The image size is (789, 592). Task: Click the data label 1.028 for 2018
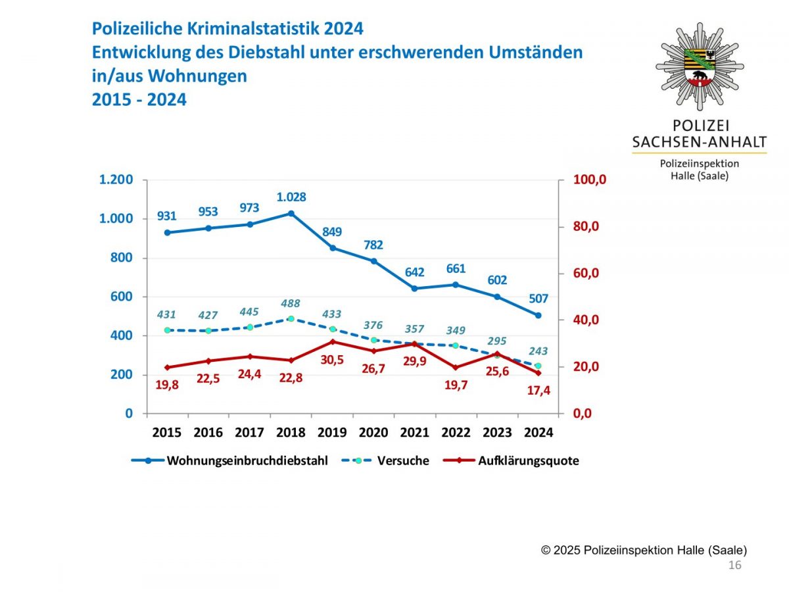click(291, 197)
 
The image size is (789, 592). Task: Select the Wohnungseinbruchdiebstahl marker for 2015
click(167, 232)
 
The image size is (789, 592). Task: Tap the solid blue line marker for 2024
click(538, 315)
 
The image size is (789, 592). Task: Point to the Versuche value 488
click(291, 304)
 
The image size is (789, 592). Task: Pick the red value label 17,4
click(538, 391)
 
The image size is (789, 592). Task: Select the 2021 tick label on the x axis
click(415, 433)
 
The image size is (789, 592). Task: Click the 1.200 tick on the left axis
click(116, 180)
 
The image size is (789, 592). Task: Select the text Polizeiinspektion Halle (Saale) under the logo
click(700, 170)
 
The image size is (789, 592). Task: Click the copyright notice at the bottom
click(644, 551)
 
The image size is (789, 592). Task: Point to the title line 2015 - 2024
click(139, 100)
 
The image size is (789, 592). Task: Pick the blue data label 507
click(538, 299)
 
